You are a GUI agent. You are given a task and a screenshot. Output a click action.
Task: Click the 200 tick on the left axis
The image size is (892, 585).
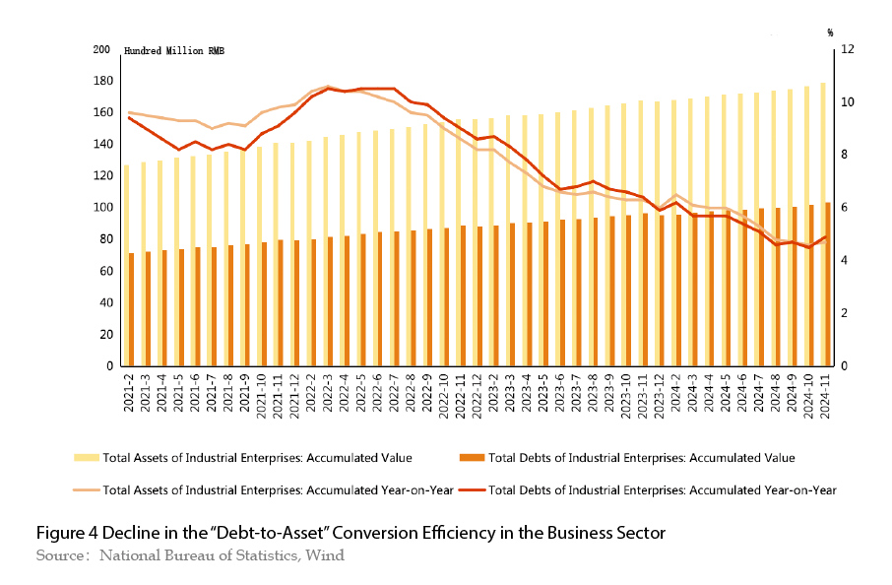click(100, 49)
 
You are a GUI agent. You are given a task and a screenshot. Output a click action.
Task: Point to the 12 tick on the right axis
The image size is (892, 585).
click(846, 49)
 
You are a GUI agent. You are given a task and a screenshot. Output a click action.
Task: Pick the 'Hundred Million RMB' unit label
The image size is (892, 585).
click(173, 51)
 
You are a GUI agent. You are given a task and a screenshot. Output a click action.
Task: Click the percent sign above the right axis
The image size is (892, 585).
click(831, 32)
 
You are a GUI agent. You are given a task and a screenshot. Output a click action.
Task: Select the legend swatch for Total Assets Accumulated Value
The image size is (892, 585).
click(86, 457)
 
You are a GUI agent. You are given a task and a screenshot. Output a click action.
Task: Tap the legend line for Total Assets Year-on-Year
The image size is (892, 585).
click(86, 489)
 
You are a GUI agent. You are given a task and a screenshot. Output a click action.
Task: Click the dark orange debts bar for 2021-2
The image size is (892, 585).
click(131, 309)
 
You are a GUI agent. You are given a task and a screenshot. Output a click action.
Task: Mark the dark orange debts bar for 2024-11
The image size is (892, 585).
click(828, 285)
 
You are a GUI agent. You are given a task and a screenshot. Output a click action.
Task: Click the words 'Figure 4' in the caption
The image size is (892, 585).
click(64, 533)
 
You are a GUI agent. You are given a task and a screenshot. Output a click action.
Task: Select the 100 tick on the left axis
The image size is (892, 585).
click(100, 208)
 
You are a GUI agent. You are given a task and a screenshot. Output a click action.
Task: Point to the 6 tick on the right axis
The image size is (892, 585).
click(843, 208)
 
